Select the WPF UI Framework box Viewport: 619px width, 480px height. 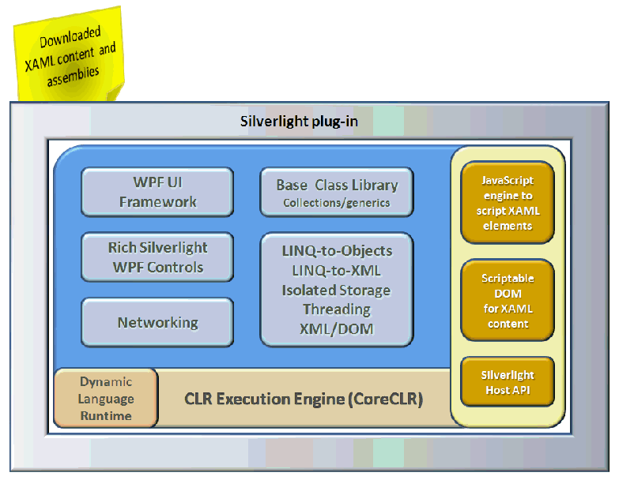click(x=157, y=192)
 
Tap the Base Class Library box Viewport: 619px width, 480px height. click(x=336, y=192)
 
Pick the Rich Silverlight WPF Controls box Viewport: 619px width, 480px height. click(x=157, y=257)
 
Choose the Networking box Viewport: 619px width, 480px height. click(x=157, y=322)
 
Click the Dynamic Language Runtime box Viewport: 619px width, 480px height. click(x=106, y=399)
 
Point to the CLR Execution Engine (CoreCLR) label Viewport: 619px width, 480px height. click(x=304, y=399)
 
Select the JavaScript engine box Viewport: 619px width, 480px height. click(x=508, y=203)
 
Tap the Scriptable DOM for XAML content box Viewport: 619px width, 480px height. click(x=508, y=301)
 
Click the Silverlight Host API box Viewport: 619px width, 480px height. click(x=508, y=382)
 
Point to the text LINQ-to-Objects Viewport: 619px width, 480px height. click(x=337, y=251)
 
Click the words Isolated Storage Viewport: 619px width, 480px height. click(x=337, y=290)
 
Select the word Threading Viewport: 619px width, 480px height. click(x=337, y=309)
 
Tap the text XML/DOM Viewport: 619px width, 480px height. click(x=337, y=329)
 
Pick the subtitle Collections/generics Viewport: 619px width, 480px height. click(x=337, y=203)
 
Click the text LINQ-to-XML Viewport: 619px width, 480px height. click(x=337, y=271)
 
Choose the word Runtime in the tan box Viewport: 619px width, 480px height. click(x=106, y=415)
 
